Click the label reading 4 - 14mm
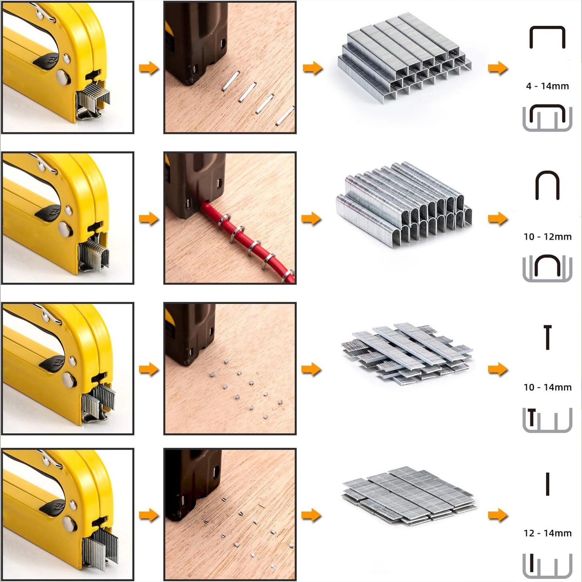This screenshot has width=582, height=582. click(x=547, y=86)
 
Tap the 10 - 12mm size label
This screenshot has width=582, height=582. click(x=547, y=237)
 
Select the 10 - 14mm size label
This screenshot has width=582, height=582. click(x=547, y=387)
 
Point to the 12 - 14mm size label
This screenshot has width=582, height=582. click(x=547, y=533)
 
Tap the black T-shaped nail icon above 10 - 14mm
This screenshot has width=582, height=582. click(x=547, y=337)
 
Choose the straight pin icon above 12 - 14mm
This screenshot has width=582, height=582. click(x=547, y=484)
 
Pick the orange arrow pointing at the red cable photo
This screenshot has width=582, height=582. click(x=149, y=219)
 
